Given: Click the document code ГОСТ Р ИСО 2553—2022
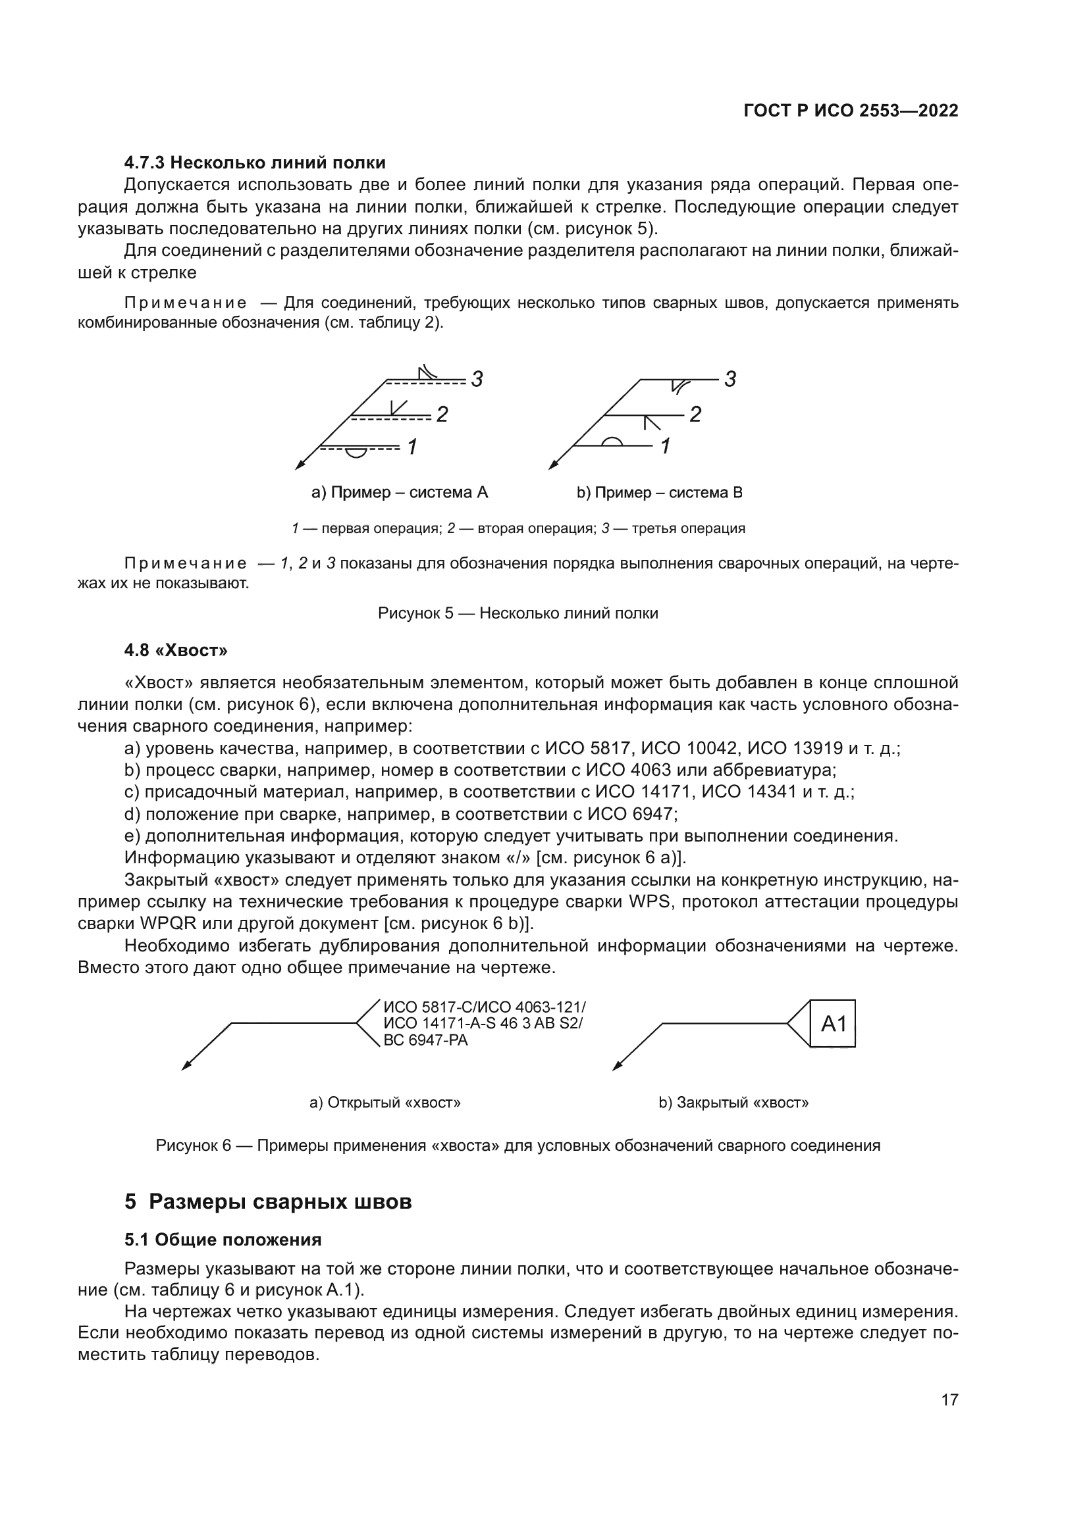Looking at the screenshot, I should click(x=850, y=111).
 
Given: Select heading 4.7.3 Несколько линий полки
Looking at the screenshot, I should click(x=255, y=163).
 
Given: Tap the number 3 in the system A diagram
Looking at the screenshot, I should click(x=477, y=380).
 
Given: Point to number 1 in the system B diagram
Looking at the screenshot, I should click(x=665, y=445).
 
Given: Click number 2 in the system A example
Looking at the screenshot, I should click(x=442, y=415).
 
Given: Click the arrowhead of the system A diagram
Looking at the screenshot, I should click(x=299, y=465).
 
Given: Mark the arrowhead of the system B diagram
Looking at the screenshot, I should click(x=552, y=465).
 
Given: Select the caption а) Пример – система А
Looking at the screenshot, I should click(x=400, y=493).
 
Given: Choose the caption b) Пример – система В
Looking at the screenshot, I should click(x=659, y=493).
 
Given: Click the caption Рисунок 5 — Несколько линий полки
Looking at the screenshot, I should click(x=518, y=613).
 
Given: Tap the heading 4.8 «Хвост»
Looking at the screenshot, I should click(x=176, y=649).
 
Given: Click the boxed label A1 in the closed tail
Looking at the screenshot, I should click(x=833, y=1024).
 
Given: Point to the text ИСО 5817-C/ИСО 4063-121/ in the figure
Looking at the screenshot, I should click(x=484, y=1007).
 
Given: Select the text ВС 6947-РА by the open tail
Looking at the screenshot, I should click(x=425, y=1040).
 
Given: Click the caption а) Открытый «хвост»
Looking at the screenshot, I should click(x=385, y=1103).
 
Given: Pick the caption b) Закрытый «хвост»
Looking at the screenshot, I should click(x=733, y=1103).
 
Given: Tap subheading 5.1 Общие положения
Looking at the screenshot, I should click(x=223, y=1240).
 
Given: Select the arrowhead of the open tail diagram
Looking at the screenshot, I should click(x=186, y=1067).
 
